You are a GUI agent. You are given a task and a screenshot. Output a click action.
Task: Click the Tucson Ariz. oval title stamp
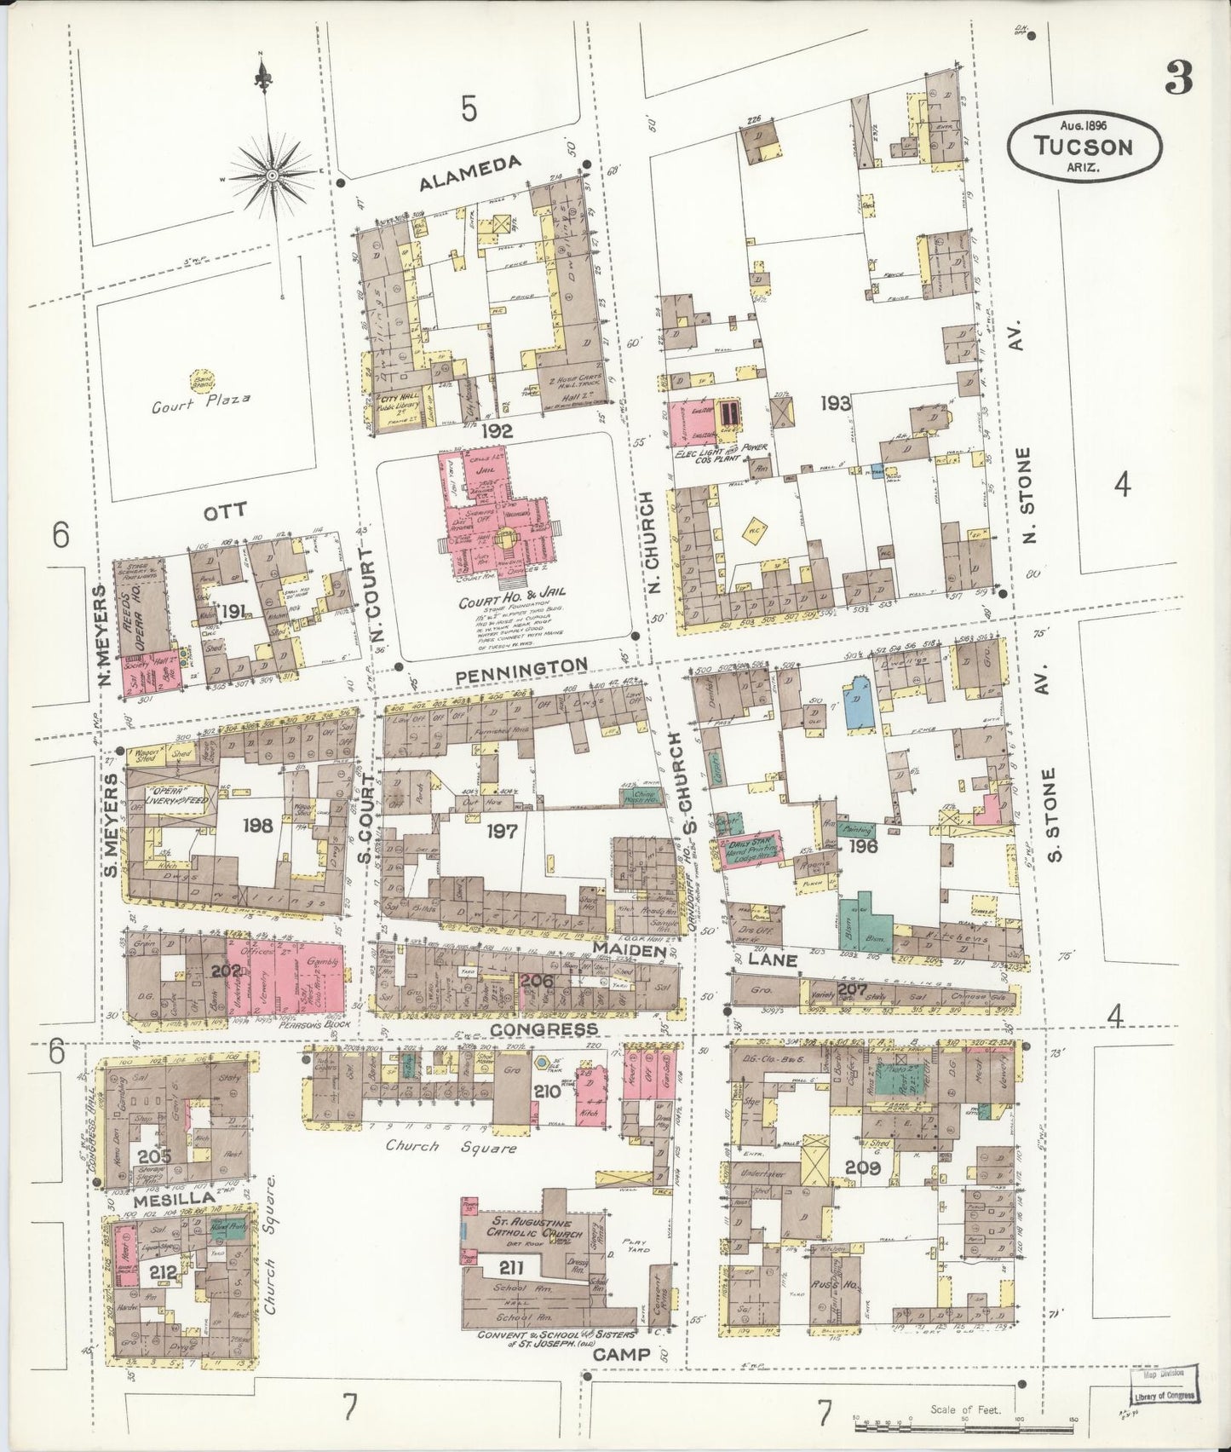click(x=1084, y=145)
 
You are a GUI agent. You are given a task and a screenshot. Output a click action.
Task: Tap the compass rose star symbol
click(x=272, y=176)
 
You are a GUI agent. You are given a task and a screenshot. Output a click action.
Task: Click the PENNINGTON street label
click(x=521, y=669)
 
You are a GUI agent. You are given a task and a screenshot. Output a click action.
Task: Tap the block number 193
click(x=836, y=403)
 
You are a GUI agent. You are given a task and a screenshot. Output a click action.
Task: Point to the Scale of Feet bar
click(x=963, y=1426)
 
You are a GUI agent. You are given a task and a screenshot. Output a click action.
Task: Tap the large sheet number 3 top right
click(x=1179, y=80)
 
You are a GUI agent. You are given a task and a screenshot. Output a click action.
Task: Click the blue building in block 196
click(x=860, y=703)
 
